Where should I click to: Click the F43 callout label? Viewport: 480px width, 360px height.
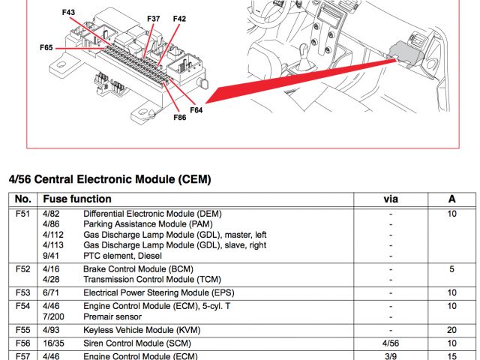point(69,13)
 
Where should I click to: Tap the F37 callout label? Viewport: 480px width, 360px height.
point(153,18)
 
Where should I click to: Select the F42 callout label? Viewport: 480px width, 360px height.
point(179,18)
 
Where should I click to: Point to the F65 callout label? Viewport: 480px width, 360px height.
point(46,47)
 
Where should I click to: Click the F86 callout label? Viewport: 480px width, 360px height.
point(179,117)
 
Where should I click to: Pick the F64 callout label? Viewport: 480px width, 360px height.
point(196,110)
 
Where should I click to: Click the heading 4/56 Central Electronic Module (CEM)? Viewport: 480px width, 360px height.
point(109,179)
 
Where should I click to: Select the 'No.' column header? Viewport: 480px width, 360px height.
point(23,199)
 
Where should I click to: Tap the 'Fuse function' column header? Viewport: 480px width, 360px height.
point(77,199)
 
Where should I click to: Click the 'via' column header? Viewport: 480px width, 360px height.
point(391,199)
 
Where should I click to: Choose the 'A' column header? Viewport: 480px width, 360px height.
point(451,199)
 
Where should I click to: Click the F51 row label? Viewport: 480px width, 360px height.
point(22,214)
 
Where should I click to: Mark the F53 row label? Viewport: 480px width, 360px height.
point(22,292)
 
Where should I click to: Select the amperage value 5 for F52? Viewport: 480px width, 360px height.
point(451,268)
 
